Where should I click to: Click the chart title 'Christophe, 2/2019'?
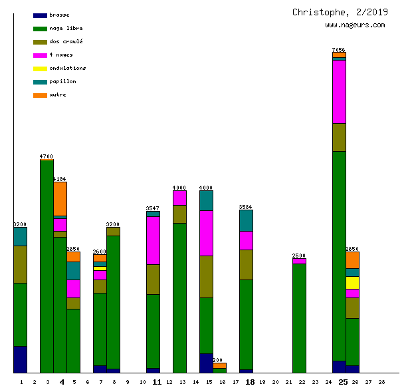coord(340,12)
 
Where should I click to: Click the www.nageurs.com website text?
coord(355,25)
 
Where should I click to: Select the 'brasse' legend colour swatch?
coord(40,15)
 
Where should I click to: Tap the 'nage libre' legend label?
coord(66,29)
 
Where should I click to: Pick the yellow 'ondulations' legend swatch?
coord(40,69)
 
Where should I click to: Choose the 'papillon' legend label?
coord(62,82)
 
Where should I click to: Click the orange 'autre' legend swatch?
coord(40,95)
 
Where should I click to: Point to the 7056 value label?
coord(339,50)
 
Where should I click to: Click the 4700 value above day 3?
coord(47,156)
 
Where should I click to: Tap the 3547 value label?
coord(153,208)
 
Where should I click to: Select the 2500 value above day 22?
coord(299,256)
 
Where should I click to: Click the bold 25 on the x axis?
coord(343,382)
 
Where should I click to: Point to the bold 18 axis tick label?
coord(250,382)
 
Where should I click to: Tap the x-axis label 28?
coord(381,382)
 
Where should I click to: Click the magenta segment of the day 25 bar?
coord(339,92)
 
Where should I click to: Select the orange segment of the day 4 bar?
coord(60,198)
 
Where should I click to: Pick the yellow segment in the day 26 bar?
coord(352,283)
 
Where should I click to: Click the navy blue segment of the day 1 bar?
coord(20,359)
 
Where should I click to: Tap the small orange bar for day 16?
coord(219,365)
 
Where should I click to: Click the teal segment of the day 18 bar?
coord(246,220)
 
